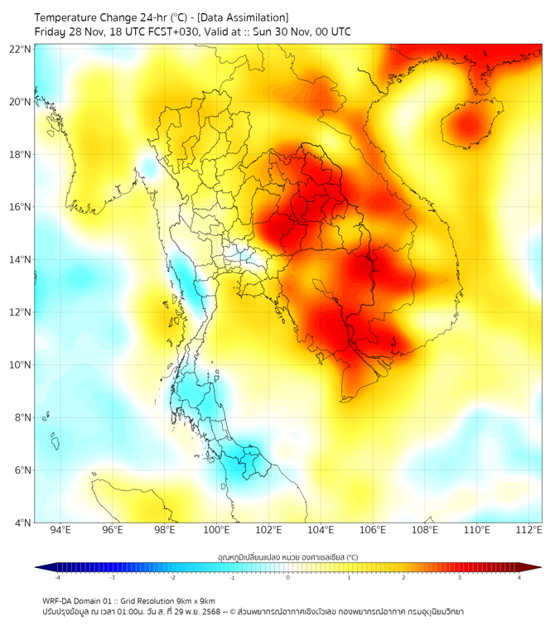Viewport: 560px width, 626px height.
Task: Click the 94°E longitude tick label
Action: (60, 530)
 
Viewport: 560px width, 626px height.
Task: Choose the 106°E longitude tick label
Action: (373, 530)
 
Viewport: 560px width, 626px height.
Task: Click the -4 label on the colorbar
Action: (57, 577)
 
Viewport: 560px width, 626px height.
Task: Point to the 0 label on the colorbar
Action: (288, 577)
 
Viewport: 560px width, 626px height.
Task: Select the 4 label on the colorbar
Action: (519, 577)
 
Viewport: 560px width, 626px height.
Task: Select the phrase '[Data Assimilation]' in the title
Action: (243, 17)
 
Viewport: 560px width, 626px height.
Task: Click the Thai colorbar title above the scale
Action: (287, 556)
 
